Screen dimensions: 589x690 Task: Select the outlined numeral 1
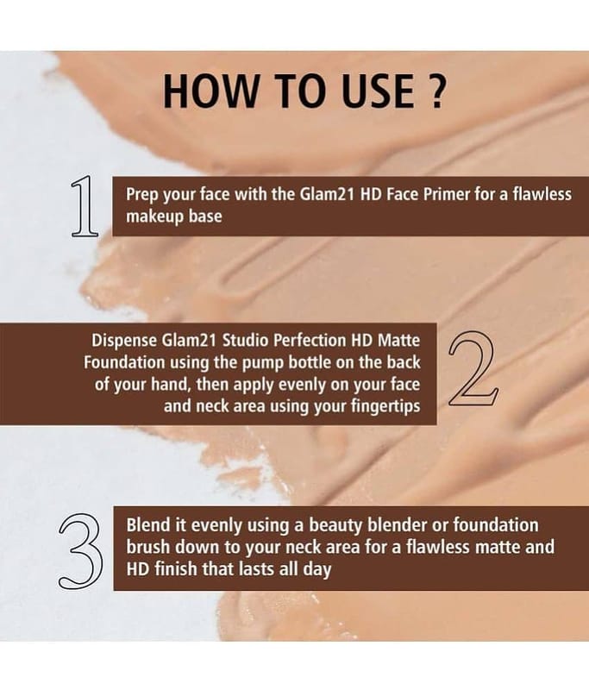click(x=84, y=206)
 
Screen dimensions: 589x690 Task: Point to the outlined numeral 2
click(x=473, y=368)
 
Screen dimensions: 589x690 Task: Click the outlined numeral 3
click(x=80, y=551)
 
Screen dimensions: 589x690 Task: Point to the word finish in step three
click(x=176, y=569)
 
